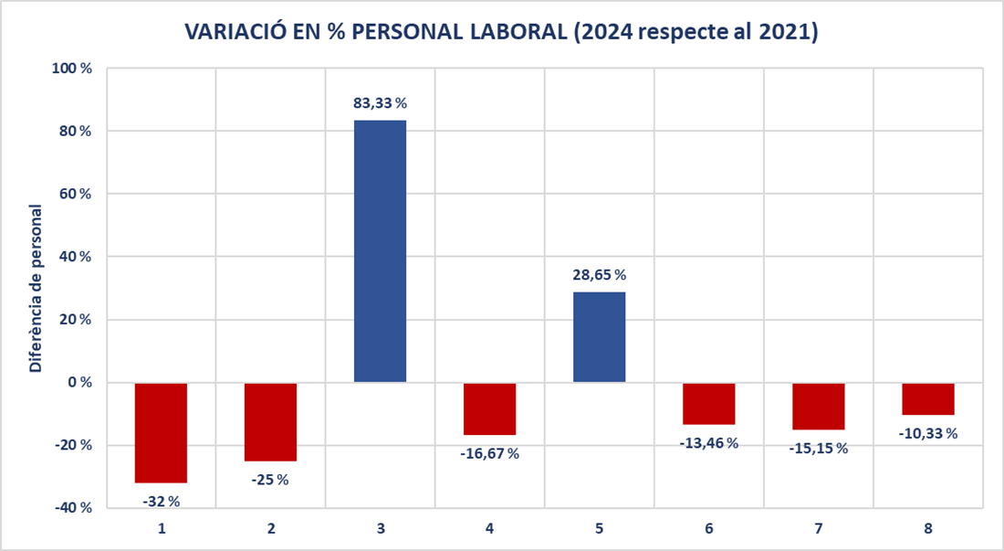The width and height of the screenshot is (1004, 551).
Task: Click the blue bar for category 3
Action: pyautogui.click(x=381, y=251)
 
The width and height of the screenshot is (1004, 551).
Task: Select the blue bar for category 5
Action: pyautogui.click(x=600, y=337)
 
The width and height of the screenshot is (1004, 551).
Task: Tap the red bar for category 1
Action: pyautogui.click(x=161, y=432)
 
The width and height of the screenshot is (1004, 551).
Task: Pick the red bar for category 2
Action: pyautogui.click(x=271, y=421)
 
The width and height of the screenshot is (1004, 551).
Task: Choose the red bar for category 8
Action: pyautogui.click(x=928, y=398)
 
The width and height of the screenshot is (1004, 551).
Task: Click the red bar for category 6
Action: pyautogui.click(x=709, y=404)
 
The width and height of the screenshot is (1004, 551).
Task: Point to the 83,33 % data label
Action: pyautogui.click(x=381, y=102)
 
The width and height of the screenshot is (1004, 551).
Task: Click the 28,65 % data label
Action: pyautogui.click(x=600, y=275)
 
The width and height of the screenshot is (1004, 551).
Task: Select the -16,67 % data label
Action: pyautogui.click(x=490, y=453)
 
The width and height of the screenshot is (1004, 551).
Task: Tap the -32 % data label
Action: pyautogui.click(x=161, y=502)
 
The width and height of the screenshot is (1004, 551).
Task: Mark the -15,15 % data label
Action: pyautogui.click(x=819, y=449)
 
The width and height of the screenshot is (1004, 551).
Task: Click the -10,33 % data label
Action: pyautogui.click(x=928, y=434)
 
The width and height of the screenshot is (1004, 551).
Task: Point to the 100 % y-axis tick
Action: pyautogui.click(x=72, y=68)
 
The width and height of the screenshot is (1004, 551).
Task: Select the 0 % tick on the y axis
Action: pyautogui.click(x=80, y=383)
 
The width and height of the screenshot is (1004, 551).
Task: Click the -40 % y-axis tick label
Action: pyautogui.click(x=72, y=508)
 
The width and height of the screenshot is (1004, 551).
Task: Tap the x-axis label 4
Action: pyautogui.click(x=490, y=528)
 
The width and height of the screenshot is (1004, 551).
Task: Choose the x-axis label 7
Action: pyautogui.click(x=819, y=528)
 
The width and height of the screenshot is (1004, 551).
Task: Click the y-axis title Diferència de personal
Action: pyautogui.click(x=36, y=289)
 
